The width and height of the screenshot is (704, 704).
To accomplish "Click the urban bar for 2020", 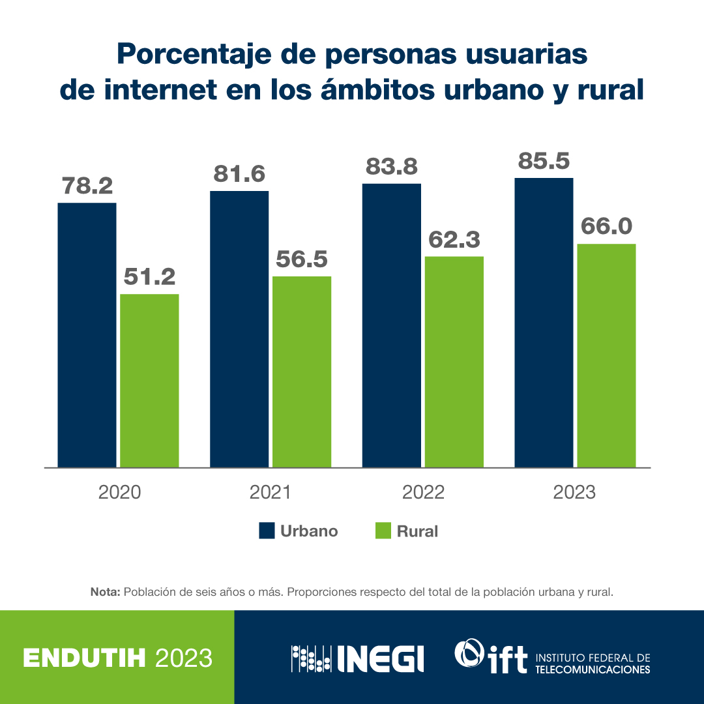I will coord(87,335).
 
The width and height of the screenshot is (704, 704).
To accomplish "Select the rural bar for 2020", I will coord(149,381).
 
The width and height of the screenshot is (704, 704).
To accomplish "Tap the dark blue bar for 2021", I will coord(239,329).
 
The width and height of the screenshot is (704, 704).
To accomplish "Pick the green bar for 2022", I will coord(454,362).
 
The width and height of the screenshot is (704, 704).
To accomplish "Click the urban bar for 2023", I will coord(544,323).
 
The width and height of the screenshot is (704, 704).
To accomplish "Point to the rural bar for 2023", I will coord(606,355).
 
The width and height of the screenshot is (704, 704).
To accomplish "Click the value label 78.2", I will coord(87,186).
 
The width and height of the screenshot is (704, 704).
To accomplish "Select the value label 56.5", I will coord(302,259).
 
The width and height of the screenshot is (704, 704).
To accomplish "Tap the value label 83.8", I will coord(391,167).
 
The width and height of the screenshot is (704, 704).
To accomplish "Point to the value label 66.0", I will coord(606,226).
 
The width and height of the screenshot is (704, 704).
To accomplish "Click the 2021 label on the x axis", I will coord(271,492).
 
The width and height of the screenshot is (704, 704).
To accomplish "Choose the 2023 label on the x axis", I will coord(574,492).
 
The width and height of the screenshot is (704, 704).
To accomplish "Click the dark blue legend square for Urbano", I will coord(266,531).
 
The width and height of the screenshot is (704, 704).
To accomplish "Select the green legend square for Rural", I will coord(383,531).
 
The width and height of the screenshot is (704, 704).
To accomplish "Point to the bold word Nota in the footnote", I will coord(105,593).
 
